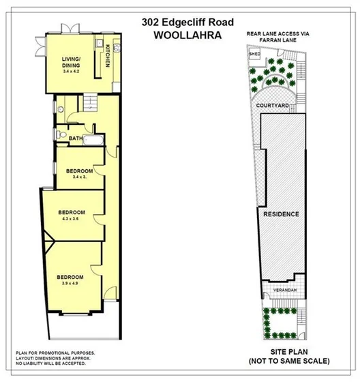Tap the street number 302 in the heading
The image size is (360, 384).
[151, 21]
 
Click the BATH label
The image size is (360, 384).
[76, 139]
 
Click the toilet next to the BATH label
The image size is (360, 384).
[61, 133]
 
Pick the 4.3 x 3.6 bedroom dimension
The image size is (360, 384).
[71, 219]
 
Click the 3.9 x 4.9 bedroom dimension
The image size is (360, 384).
[72, 283]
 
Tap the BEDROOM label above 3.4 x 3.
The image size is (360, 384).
[80, 171]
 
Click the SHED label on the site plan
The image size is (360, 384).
[255, 53]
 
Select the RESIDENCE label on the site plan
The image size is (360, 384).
[281, 214]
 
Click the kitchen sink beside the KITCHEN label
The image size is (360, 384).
[117, 50]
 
